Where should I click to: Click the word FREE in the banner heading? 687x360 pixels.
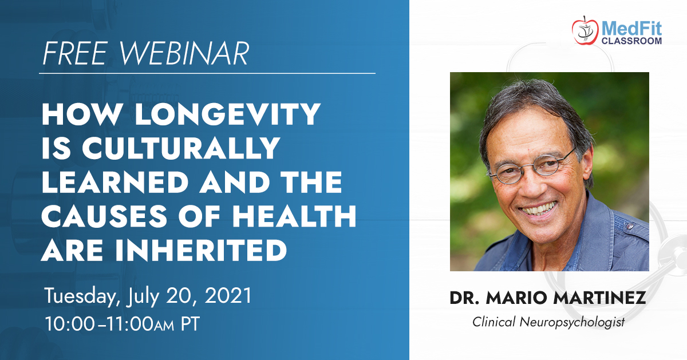pos(75,53)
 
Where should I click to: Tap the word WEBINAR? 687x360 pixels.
pos(184,53)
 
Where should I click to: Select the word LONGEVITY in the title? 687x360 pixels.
pos(228,114)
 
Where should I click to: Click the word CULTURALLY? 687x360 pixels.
pos(181,148)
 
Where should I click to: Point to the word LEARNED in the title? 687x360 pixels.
pos(115,182)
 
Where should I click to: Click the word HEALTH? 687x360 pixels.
pos(294,216)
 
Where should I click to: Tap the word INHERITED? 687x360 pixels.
pos(201,250)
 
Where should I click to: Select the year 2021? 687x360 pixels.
pos(228,295)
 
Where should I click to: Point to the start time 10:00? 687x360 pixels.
pos(70,324)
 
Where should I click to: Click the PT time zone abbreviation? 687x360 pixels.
pos(191,324)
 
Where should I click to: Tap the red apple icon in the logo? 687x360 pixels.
pos(585,31)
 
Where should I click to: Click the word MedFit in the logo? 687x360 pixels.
pos(632,29)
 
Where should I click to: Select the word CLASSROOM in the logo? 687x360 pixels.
pos(632,41)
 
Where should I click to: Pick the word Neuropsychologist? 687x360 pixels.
pos(572,322)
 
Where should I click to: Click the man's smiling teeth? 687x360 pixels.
pos(539,209)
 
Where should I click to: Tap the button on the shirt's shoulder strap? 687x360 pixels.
pos(630,227)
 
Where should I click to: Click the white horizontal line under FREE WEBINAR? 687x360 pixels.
pos(207,74)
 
